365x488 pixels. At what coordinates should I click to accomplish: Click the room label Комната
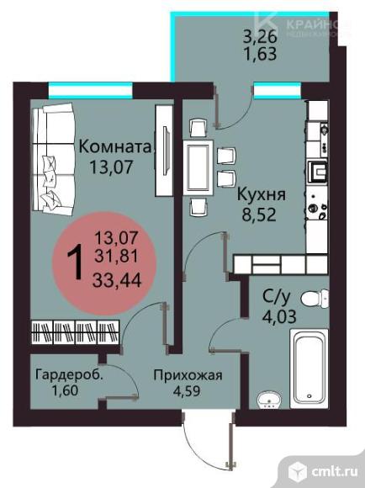point(117,146)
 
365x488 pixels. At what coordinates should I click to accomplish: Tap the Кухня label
point(262,194)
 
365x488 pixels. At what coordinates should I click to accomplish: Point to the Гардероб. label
point(69,375)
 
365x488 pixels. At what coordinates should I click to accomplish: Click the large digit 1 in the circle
point(75,262)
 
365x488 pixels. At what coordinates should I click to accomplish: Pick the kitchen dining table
point(200,167)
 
